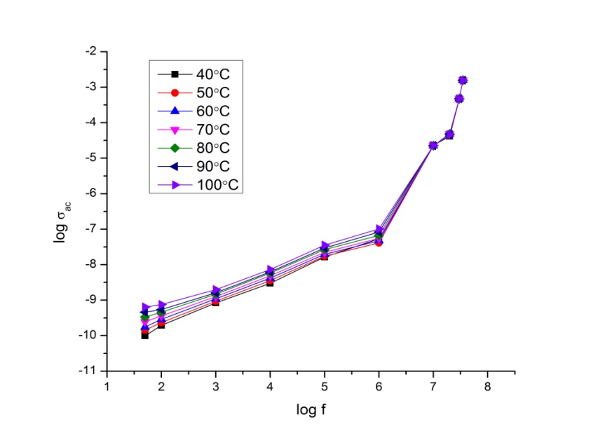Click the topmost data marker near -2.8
463,80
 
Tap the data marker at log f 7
433,146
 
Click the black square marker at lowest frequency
144,336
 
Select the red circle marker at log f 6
379,242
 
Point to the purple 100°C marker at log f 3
216,289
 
